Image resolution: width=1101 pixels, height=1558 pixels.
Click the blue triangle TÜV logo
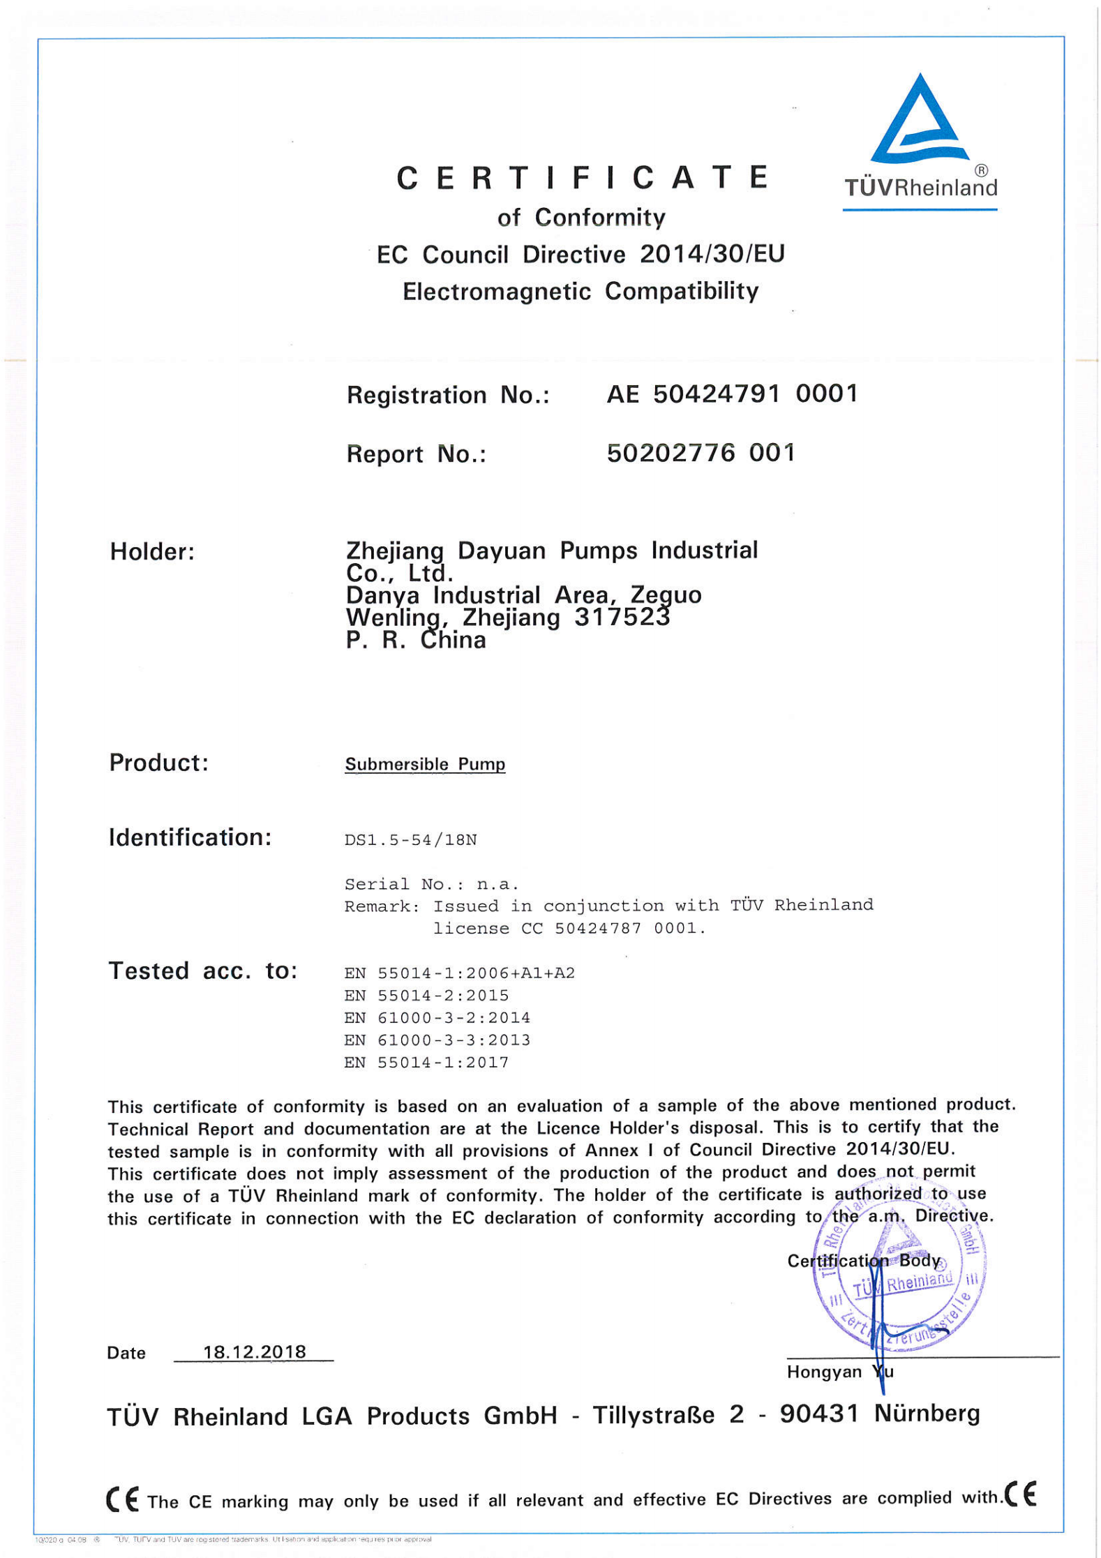coord(920,120)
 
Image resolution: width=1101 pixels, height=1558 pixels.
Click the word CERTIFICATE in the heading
coord(583,178)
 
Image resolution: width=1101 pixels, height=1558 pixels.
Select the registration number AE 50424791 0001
coord(731,394)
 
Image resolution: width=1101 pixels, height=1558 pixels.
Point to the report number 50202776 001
coord(701,454)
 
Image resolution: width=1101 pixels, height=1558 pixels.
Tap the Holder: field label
coord(152,552)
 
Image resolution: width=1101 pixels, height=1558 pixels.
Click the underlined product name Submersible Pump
coord(424,764)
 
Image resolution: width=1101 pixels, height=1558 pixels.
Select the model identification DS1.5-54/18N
coord(410,840)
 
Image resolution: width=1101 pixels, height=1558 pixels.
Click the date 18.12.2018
coord(254,1352)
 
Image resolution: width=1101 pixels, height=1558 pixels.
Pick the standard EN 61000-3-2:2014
coord(437,1018)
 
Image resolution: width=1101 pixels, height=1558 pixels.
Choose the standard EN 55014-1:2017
coord(426,1063)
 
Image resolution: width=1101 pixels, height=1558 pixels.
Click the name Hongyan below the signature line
coord(824,1372)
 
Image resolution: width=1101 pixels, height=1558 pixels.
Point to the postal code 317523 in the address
coord(622,617)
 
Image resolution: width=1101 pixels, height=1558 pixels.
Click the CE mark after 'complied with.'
coord(1020,1495)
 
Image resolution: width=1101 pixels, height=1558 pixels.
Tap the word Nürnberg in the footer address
coord(927,1413)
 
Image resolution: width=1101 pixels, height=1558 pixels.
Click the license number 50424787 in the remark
coord(598,929)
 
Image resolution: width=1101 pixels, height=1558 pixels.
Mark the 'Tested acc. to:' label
coord(202,971)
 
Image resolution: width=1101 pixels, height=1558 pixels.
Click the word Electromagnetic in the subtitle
coord(496,291)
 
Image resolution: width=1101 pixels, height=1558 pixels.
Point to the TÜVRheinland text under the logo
coord(920,187)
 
